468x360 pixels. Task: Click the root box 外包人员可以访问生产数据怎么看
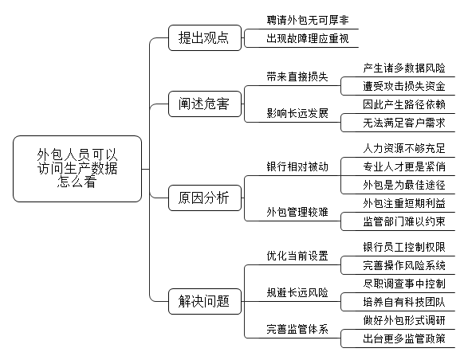pyautogui.click(x=77, y=169)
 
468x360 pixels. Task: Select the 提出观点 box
pyautogui.click(x=205, y=38)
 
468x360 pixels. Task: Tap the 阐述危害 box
pyautogui.click(x=205, y=104)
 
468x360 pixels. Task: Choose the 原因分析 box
pyautogui.click(x=205, y=198)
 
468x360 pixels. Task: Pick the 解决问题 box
pyautogui.click(x=205, y=301)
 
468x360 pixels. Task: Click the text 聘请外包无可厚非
pyautogui.click(x=308, y=20)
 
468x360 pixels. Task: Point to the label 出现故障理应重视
pyautogui.click(x=308, y=38)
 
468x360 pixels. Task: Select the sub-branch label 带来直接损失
pyautogui.click(x=297, y=76)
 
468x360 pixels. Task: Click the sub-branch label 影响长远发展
pyautogui.click(x=297, y=113)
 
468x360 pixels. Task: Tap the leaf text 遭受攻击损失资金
pyautogui.click(x=404, y=86)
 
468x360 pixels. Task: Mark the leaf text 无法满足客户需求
pyautogui.click(x=404, y=123)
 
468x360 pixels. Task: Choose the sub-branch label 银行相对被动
pyautogui.click(x=297, y=166)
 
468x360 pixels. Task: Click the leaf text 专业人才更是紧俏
pyautogui.click(x=404, y=166)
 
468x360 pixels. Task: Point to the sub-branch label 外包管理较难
pyautogui.click(x=297, y=212)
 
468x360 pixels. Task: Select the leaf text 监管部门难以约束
pyautogui.click(x=404, y=221)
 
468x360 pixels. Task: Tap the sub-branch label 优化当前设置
pyautogui.click(x=297, y=256)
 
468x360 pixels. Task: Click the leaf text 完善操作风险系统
pyautogui.click(x=404, y=265)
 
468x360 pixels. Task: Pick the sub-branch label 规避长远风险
pyautogui.click(x=297, y=292)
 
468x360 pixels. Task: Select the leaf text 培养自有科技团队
pyautogui.click(x=404, y=302)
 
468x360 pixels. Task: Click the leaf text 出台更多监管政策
pyautogui.click(x=404, y=338)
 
